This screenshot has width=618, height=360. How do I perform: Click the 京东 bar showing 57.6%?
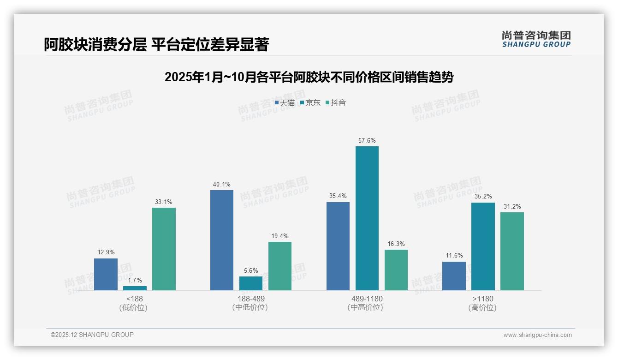(x=367, y=218)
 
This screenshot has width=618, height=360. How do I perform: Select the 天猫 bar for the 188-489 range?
(x=222, y=240)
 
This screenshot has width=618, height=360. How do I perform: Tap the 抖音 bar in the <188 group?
(x=164, y=249)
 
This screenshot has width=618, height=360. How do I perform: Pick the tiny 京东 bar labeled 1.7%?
(x=135, y=288)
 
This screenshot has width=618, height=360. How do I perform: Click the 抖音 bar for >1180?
(x=512, y=251)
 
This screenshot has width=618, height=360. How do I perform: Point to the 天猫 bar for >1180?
(x=454, y=276)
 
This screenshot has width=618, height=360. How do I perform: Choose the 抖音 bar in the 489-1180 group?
(x=396, y=270)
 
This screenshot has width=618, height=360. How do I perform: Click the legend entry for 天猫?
(x=285, y=102)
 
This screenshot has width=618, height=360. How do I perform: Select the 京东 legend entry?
(x=310, y=102)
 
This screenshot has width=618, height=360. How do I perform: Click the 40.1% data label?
(x=222, y=185)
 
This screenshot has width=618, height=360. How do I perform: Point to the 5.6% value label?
(x=251, y=271)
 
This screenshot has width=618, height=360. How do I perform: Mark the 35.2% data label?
(x=483, y=197)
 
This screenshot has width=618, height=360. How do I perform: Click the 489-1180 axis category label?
(x=367, y=299)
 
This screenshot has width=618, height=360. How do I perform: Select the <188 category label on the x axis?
(x=135, y=299)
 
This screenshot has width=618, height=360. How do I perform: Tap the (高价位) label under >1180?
(x=482, y=307)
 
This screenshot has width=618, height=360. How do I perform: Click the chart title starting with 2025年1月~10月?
(x=309, y=77)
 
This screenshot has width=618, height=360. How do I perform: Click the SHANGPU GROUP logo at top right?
(x=536, y=39)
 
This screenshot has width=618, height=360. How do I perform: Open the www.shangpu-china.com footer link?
(x=537, y=335)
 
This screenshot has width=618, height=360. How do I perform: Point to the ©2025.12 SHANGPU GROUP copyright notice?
(x=92, y=335)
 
